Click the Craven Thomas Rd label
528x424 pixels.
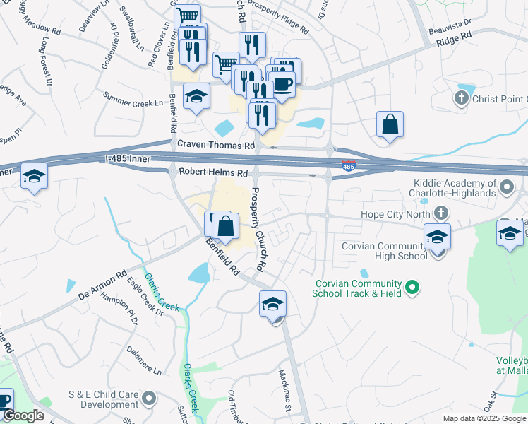tap(215, 145)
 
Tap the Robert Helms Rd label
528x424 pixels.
tap(213, 172)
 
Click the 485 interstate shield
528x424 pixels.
tap(347, 167)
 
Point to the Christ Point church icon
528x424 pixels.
tap(462, 97)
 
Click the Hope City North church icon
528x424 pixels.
tap(441, 212)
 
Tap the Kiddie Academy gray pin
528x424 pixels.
tap(507, 187)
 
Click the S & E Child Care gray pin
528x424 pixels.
tap(148, 399)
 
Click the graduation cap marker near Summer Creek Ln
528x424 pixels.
tap(196, 97)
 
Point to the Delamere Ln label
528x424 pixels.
tap(144, 360)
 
